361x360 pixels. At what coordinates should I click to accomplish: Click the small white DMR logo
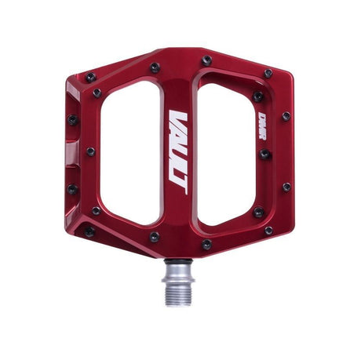pos(262,129)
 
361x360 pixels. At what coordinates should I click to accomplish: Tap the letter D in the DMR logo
pos(262,118)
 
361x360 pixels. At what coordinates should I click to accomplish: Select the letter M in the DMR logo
pos(262,128)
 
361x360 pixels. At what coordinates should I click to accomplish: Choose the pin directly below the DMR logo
pos(264,155)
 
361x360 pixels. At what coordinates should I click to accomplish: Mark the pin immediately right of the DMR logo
pos(286,116)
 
